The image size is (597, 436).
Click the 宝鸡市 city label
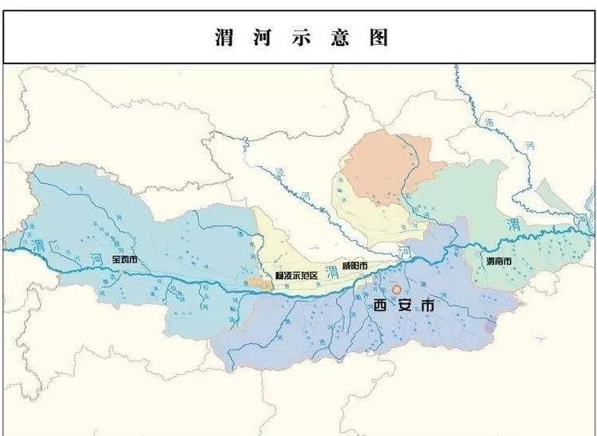[x=125, y=259]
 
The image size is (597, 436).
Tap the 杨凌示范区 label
[x=296, y=275]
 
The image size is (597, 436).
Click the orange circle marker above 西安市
[x=396, y=289]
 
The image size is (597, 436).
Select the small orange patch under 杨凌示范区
[x=258, y=282]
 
